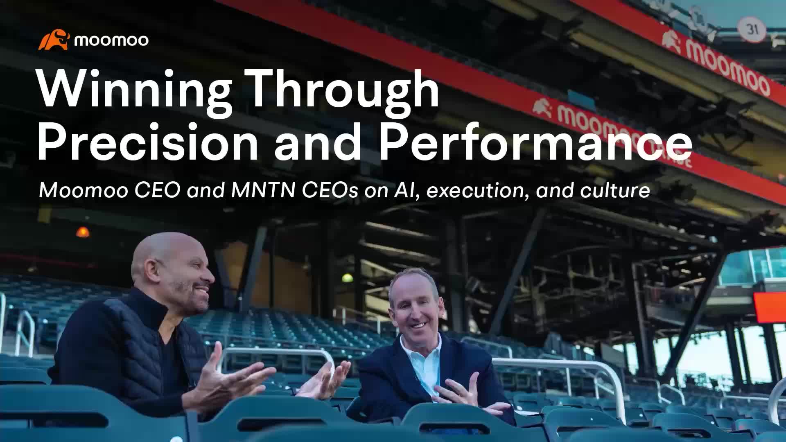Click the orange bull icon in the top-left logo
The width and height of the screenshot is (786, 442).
pyautogui.click(x=54, y=40)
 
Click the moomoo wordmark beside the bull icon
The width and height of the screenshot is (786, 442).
pyautogui.click(x=111, y=40)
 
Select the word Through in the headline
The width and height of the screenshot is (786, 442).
pyautogui.click(x=344, y=89)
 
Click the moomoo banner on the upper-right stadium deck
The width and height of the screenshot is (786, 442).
pyautogui.click(x=720, y=61)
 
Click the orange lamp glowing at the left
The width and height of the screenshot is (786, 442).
pyautogui.click(x=82, y=232)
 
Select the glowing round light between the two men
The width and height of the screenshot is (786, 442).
pyautogui.click(x=347, y=278)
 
